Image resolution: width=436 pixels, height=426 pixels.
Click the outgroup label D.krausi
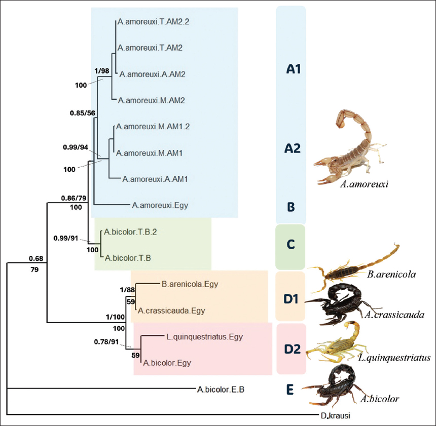335,416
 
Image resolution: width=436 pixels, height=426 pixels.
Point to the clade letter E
289,390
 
